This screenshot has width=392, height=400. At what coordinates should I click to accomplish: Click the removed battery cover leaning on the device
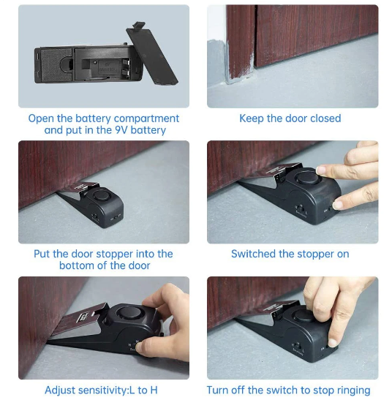click(151, 55)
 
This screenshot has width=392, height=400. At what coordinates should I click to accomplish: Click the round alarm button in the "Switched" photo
click(307, 178)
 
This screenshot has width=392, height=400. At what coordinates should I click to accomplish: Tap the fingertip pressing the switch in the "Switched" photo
click(338, 205)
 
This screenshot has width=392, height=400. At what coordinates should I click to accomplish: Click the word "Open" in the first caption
click(41, 119)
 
